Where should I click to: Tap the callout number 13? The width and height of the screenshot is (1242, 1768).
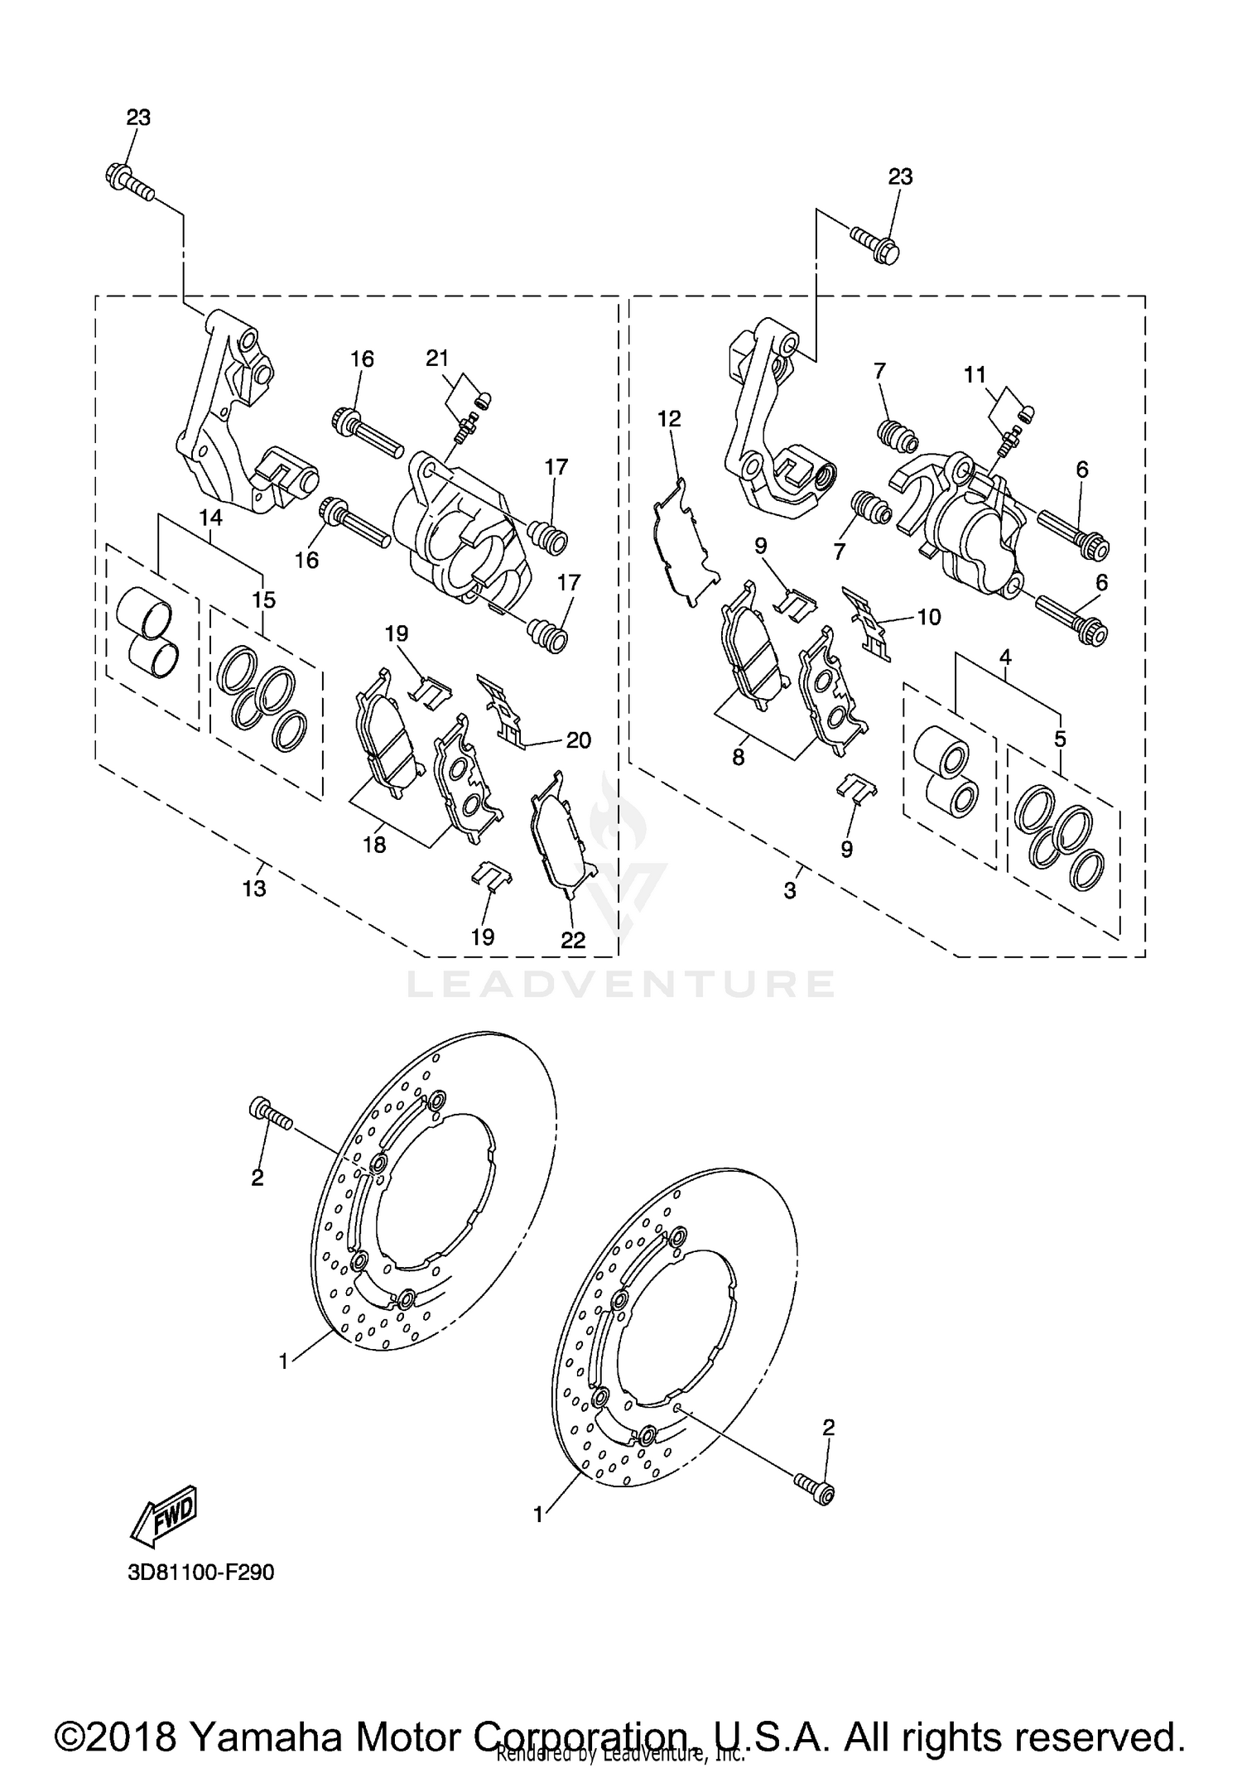click(254, 888)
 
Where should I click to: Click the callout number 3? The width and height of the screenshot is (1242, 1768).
click(790, 891)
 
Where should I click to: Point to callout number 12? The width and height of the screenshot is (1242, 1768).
click(669, 418)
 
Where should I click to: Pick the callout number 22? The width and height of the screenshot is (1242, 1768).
click(573, 940)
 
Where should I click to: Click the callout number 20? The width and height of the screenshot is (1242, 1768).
click(578, 739)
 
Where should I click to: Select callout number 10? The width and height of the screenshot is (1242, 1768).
click(929, 617)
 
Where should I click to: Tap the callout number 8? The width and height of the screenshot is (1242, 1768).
click(738, 756)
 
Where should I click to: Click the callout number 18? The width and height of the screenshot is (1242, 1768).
click(374, 845)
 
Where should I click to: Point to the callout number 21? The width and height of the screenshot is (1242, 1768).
click(437, 358)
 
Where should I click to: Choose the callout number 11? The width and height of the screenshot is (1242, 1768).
click(975, 374)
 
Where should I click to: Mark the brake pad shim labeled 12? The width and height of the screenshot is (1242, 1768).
click(683, 542)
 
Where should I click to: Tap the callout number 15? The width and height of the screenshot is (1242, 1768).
click(264, 599)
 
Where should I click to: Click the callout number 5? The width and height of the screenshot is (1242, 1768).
click(1061, 738)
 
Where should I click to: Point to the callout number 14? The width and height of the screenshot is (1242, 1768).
click(210, 518)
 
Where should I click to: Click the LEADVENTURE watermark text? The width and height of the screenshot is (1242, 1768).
click(621, 984)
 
